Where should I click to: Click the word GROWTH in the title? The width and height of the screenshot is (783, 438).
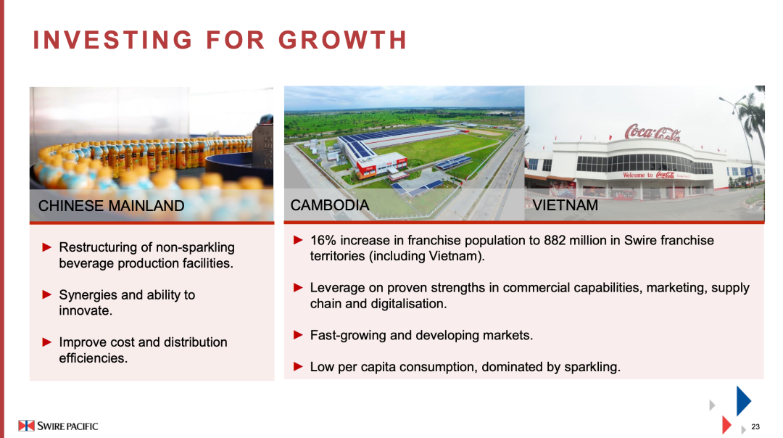point(342,40)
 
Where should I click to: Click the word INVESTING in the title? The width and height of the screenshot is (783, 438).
point(112,40)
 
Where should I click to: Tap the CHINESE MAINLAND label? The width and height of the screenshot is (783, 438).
point(112,206)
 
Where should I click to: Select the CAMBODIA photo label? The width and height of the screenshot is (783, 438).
point(330,205)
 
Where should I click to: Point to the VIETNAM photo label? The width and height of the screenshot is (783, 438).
point(565,205)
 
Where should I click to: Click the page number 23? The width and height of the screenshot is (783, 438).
point(755,426)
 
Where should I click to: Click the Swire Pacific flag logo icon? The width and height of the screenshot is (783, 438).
point(26,426)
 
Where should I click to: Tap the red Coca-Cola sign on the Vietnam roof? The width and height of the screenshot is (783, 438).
point(652,133)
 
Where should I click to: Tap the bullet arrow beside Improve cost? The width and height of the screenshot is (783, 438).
point(47,342)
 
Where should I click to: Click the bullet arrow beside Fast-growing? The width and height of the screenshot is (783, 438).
point(298,334)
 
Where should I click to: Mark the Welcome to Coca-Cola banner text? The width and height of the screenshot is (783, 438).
point(655,175)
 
